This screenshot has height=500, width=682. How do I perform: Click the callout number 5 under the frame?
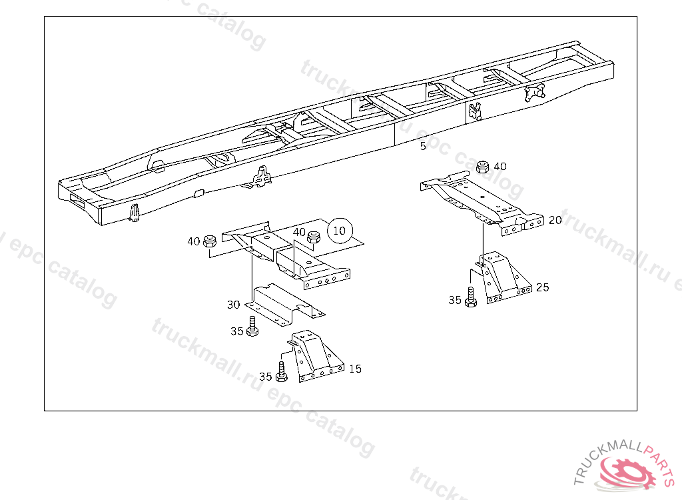point(423,146)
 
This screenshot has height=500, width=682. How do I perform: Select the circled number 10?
point(340,231)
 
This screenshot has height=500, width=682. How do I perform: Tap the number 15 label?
point(356,369)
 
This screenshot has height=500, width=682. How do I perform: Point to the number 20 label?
point(555,220)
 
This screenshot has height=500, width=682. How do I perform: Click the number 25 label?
point(542,287)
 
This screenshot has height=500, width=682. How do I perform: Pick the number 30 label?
point(234,305)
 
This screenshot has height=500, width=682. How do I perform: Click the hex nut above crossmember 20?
point(482,167)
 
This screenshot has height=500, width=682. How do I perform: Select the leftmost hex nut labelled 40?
point(210,241)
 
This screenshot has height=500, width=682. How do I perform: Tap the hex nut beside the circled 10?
point(313,237)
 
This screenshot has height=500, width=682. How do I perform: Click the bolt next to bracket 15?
point(282,373)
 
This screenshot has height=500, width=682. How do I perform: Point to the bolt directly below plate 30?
point(252,327)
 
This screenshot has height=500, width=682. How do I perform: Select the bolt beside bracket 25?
point(471,298)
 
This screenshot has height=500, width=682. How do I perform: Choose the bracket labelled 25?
point(504,277)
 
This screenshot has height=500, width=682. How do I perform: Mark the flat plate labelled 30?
point(284,304)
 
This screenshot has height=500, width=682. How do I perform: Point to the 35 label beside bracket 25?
point(455,300)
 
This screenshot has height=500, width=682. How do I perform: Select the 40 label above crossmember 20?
point(500,167)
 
